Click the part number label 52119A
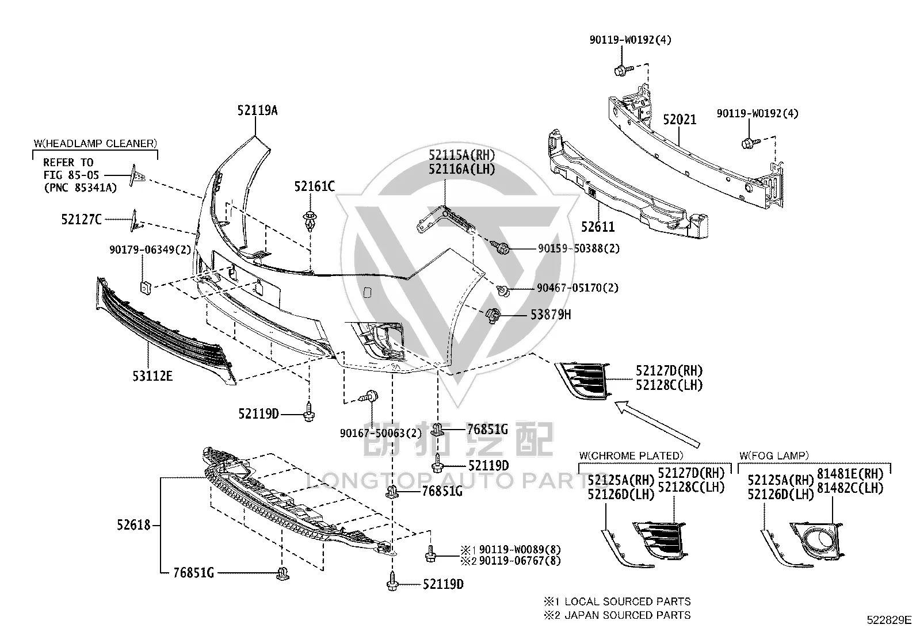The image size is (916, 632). point(257,110)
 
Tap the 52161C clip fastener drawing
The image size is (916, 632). point(310,221)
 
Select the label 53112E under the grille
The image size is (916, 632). point(152,376)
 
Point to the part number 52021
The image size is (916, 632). point(680,120)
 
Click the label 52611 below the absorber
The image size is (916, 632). point(598,227)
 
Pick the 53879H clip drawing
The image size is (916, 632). point(493,315)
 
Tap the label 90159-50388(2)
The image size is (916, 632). point(579,248)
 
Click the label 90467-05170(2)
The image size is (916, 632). point(578,288)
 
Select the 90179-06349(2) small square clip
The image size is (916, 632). point(146,288)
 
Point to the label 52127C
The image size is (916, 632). point(81,220)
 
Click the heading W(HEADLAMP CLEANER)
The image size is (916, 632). point(96,144)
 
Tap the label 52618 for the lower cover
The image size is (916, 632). point(133,525)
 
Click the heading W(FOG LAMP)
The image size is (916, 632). point(774,455)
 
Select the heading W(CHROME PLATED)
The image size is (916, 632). point(631,455)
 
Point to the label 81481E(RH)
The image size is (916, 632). point(850,474)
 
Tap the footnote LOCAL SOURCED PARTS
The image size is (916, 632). point(627,602)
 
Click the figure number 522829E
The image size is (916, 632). point(889,620)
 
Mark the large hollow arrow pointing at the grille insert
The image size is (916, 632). point(657,424)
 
